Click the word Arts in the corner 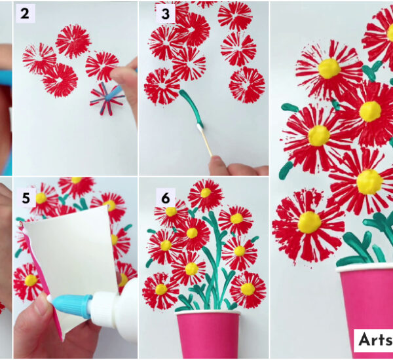click(x=374, y=339)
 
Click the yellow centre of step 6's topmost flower click(x=206, y=192)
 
